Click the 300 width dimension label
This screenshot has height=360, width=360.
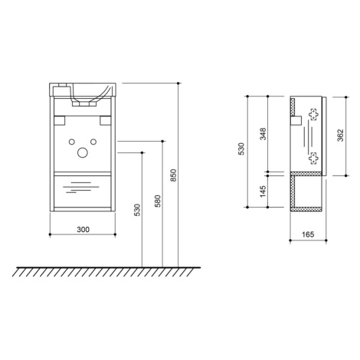[83, 230]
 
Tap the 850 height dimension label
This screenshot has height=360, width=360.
[173, 175]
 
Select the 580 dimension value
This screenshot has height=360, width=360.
[158, 201]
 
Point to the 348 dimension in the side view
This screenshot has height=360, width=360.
[263, 134]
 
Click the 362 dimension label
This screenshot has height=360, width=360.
[340, 136]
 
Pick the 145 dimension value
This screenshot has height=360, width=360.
[263, 191]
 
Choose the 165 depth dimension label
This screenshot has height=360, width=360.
[308, 234]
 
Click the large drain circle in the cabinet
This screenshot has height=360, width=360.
[83, 152]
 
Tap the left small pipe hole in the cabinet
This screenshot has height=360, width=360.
[72, 142]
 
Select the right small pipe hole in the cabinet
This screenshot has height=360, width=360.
[93, 142]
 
